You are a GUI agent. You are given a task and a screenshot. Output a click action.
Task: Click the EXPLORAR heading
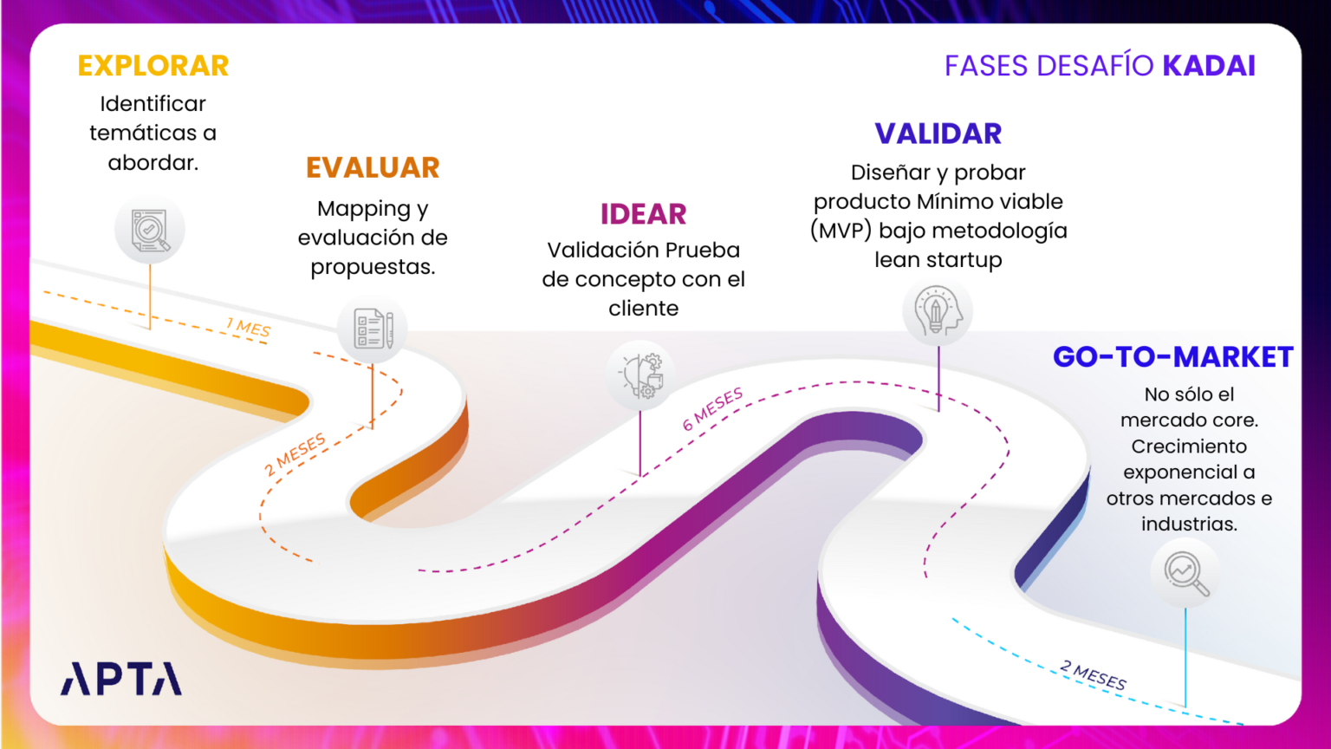click(x=153, y=66)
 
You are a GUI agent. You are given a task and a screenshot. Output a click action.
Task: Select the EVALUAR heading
click(x=373, y=167)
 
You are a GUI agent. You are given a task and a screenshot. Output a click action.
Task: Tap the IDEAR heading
click(x=643, y=214)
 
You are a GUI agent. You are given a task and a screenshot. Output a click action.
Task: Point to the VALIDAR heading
click(x=938, y=134)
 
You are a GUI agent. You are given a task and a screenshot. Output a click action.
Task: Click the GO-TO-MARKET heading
click(x=1172, y=357)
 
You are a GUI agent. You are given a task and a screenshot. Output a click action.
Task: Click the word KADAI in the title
click(x=1209, y=66)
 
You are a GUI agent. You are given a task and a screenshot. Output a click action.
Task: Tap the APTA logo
click(x=121, y=679)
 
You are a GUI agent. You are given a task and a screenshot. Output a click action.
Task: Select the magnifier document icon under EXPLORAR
click(x=150, y=231)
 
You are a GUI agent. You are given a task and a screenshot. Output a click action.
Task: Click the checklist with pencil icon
click(x=373, y=329)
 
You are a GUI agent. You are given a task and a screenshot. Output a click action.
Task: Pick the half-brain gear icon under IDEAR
click(x=641, y=374)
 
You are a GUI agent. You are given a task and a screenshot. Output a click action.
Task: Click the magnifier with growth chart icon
click(x=1185, y=573)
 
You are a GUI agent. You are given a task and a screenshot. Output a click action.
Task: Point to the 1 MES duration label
click(x=248, y=328)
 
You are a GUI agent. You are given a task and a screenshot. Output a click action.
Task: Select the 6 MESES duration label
click(x=712, y=408)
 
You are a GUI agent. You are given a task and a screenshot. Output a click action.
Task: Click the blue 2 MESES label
click(x=1094, y=675)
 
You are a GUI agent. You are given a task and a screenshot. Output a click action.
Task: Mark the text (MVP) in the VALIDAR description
click(x=841, y=231)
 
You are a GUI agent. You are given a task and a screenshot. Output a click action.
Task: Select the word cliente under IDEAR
click(x=643, y=309)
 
